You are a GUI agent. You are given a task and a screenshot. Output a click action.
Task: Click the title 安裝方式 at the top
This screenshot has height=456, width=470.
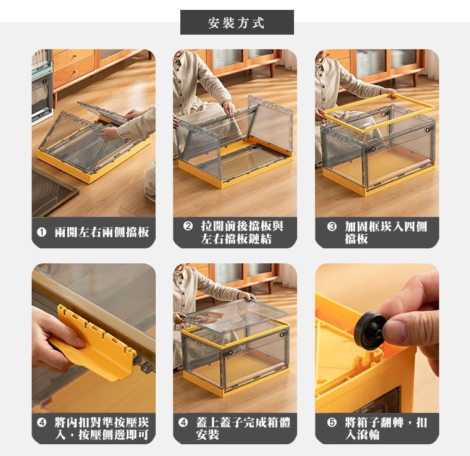click(237, 23)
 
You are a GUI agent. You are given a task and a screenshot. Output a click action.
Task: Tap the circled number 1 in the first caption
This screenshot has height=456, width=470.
click(41, 232)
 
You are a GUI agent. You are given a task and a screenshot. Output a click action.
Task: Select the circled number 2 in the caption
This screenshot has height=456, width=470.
click(188, 226)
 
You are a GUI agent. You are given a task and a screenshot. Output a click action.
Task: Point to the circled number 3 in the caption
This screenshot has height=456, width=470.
click(332, 226)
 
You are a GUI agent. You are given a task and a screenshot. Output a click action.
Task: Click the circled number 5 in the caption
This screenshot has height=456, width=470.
click(332, 423)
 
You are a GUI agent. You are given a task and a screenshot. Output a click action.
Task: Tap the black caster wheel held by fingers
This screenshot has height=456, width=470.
click(369, 331)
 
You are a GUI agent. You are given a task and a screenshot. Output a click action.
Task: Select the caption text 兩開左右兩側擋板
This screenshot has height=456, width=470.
click(102, 232)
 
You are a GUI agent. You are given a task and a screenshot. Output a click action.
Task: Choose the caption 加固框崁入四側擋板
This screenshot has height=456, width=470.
click(386, 233)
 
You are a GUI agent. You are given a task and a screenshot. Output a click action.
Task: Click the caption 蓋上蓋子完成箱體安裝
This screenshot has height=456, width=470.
click(243, 428)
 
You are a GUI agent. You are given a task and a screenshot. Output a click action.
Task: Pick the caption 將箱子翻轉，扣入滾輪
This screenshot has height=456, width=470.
click(386, 428)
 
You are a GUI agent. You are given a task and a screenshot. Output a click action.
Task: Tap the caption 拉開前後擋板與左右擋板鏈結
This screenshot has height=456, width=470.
click(242, 232)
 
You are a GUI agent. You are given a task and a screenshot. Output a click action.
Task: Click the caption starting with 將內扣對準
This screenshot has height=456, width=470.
click(102, 428)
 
